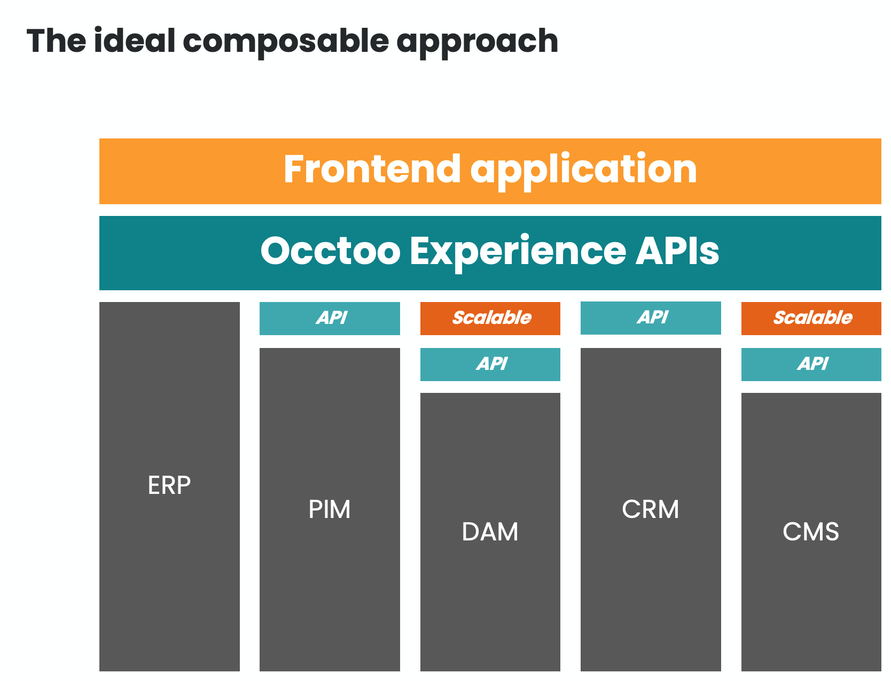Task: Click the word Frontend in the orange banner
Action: point(372,169)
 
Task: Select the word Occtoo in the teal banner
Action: point(330,251)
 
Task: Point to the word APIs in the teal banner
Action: point(677,251)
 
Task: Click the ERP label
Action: point(169,485)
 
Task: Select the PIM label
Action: point(330,509)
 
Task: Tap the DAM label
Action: point(490,532)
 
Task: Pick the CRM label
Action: point(651,509)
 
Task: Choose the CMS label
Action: point(811,532)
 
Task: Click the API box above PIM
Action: point(330,319)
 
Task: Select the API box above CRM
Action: point(651,318)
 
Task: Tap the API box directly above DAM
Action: point(490,365)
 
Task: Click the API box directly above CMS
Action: point(811,365)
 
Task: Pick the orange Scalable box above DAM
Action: point(490,319)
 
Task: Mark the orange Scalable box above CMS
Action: point(811,319)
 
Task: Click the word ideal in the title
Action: point(134,41)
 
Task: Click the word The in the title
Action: point(56,41)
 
